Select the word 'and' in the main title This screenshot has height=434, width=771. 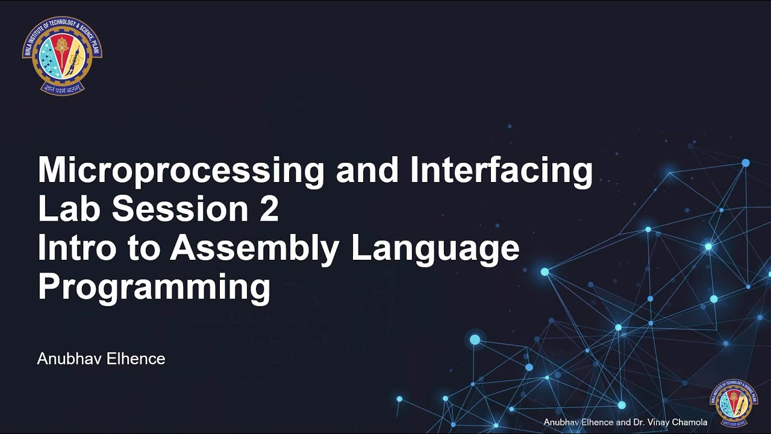367,171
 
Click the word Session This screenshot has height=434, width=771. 178,209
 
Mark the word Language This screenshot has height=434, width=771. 435,250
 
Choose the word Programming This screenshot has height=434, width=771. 154,288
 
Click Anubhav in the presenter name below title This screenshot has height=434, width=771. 69,359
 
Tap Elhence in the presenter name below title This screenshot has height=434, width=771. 136,359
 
